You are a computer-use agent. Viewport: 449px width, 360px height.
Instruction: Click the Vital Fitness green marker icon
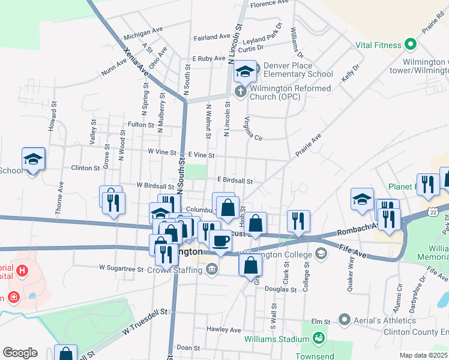[x=411, y=44]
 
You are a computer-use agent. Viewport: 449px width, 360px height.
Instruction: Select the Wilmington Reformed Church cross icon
[x=240, y=92]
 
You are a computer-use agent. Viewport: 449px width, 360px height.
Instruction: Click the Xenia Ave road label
[x=136, y=62]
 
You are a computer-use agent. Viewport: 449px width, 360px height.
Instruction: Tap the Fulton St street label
[x=141, y=125]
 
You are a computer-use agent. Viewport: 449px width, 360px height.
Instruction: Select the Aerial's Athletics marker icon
[x=344, y=319]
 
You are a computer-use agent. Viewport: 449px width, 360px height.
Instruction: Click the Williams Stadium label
[x=276, y=339]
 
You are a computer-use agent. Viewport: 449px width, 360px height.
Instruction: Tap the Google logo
[x=20, y=353]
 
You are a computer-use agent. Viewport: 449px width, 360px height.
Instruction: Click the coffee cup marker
[x=220, y=241]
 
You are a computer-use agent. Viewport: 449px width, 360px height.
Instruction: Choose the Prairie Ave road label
[x=308, y=146]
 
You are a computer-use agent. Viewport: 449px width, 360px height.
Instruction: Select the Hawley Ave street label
[x=223, y=329]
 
